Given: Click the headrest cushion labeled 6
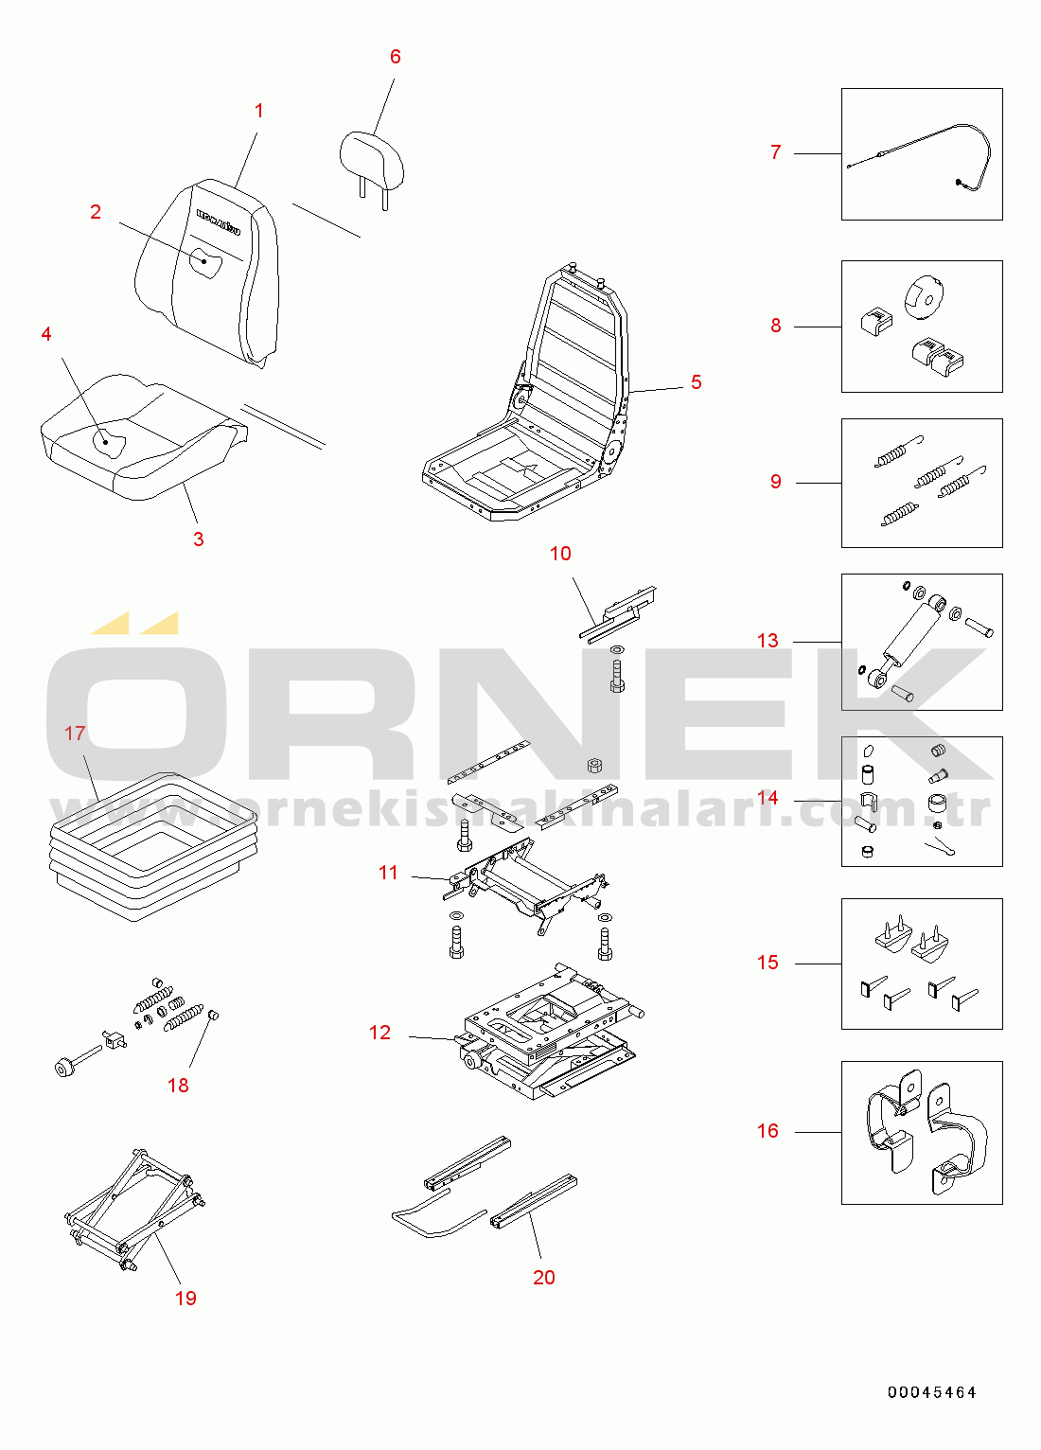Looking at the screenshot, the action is pyautogui.click(x=372, y=158).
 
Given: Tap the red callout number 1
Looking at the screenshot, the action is pyautogui.click(x=259, y=112).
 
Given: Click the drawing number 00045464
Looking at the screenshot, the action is pyautogui.click(x=931, y=1392).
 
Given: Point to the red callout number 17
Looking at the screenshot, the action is pyautogui.click(x=75, y=734).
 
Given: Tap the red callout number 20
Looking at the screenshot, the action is pyautogui.click(x=544, y=1278).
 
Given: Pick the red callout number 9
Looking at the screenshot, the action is pyautogui.click(x=776, y=482).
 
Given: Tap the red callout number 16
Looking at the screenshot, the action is pyautogui.click(x=768, y=1131).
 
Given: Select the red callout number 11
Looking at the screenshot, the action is pyautogui.click(x=388, y=873).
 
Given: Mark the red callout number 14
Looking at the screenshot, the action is pyautogui.click(x=768, y=798).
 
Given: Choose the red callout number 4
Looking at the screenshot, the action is pyautogui.click(x=46, y=334).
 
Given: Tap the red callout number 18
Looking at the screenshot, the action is pyautogui.click(x=178, y=1086).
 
